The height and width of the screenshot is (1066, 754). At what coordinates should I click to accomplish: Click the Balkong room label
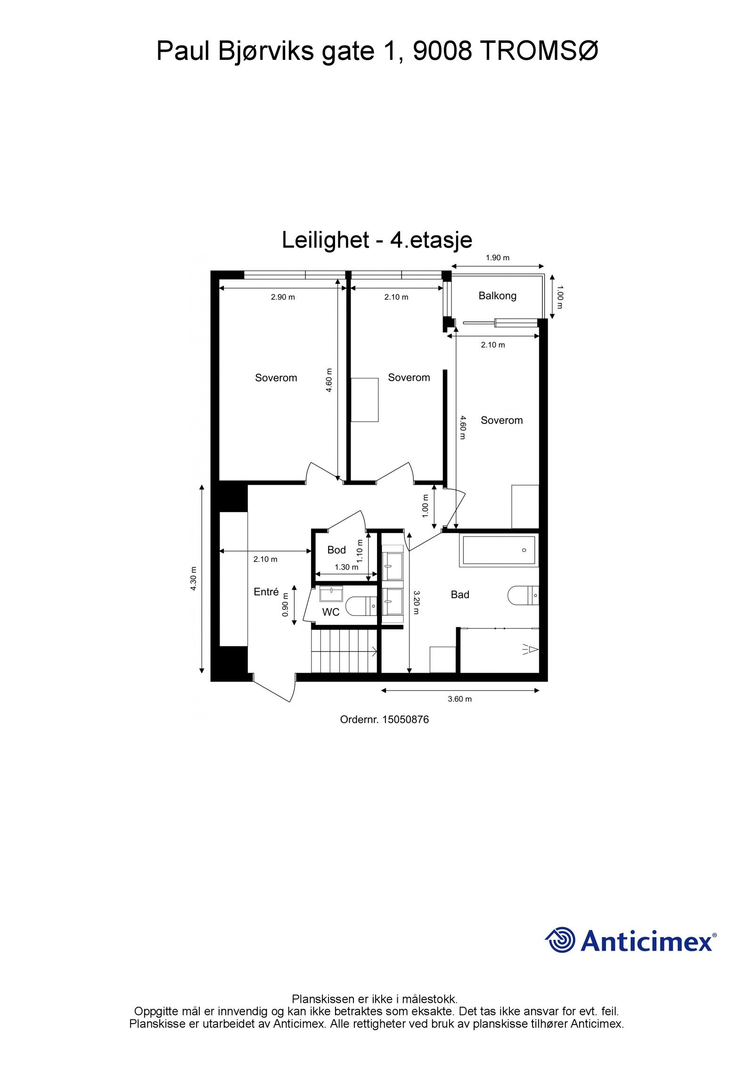[497, 296]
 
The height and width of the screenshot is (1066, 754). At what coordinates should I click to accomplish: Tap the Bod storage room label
[336, 550]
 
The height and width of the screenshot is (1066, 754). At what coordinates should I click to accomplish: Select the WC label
[330, 612]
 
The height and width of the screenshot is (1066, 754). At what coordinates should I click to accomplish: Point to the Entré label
[266, 592]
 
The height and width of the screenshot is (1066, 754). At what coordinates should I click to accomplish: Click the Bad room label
[460, 594]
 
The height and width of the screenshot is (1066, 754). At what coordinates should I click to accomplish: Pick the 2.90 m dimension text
[283, 297]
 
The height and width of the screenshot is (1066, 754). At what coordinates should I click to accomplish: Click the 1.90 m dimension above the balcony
[498, 258]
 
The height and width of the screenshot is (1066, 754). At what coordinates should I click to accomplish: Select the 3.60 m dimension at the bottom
[459, 699]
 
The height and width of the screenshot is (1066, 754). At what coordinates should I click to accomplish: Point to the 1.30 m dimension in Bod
[346, 567]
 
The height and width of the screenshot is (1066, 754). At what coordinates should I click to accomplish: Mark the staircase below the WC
[344, 652]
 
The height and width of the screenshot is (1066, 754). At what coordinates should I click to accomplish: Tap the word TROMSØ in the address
[539, 51]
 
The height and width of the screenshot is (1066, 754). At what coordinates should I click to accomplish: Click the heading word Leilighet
[325, 240]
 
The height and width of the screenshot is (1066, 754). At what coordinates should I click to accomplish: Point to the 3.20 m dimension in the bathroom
[416, 602]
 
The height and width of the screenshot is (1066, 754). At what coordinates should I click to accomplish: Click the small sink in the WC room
[331, 594]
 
